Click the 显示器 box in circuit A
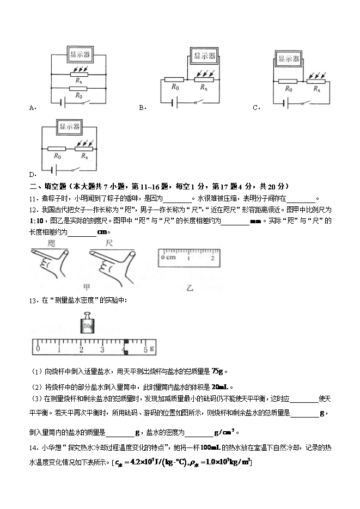(80, 54)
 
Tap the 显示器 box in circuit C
(288, 59)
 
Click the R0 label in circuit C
(288, 89)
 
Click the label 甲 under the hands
(86, 287)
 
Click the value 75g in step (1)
(217, 371)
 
